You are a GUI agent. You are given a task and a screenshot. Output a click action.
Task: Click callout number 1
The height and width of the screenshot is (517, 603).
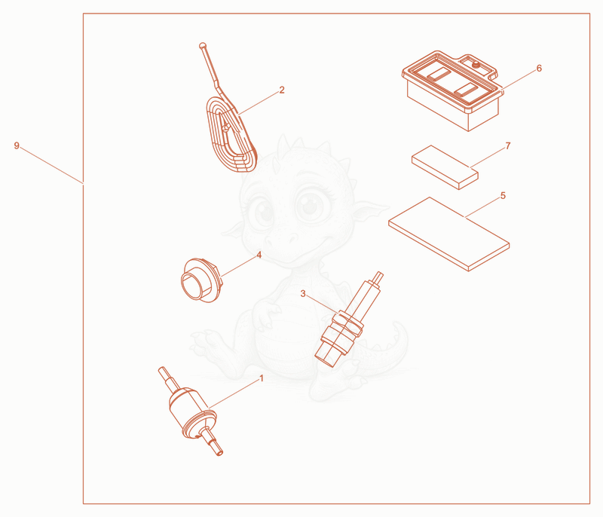coord(262,378)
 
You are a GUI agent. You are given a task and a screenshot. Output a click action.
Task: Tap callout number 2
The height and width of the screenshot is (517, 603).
coord(282,90)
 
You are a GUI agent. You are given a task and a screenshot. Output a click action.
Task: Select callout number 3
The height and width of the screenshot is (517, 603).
coord(303,294)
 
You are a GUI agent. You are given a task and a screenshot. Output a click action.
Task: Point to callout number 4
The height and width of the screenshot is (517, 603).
coord(259,255)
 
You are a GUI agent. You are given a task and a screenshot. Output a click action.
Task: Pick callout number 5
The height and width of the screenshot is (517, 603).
coord(503,196)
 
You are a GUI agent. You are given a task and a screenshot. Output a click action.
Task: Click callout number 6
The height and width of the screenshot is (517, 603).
coord(539,68)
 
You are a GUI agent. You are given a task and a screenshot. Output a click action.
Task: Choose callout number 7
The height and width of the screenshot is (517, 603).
coord(508,145)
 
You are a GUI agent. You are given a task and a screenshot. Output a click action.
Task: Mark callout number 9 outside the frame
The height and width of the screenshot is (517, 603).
coord(17,145)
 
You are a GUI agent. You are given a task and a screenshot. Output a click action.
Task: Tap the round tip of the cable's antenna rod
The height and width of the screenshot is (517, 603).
coord(203,46)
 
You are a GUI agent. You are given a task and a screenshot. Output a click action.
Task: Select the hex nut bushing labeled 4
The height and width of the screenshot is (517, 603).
coord(201,280)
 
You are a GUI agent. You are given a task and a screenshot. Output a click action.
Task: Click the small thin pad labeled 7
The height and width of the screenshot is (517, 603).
coord(445,167)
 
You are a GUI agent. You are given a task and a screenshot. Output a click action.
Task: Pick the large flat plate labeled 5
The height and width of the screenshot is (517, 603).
coord(448,234)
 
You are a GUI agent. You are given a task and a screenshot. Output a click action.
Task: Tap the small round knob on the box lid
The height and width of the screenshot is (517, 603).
coord(476,64)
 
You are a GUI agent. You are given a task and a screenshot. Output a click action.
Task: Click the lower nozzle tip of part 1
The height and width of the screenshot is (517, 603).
coord(219,453)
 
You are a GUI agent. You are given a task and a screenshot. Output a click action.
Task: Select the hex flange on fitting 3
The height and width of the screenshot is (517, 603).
coord(348,322)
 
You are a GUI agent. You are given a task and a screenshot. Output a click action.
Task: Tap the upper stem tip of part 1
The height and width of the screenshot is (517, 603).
coord(161,369)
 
